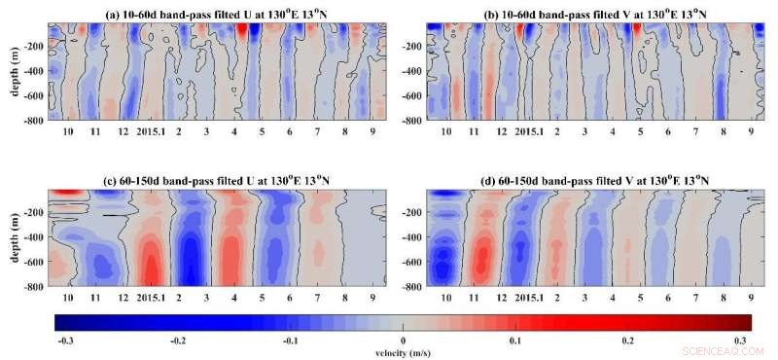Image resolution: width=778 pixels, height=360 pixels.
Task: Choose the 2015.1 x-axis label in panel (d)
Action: tap(529, 296)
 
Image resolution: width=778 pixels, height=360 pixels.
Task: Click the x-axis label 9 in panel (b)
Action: tap(751, 130)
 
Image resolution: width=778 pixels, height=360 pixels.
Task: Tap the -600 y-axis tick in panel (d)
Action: tap(414, 262)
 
